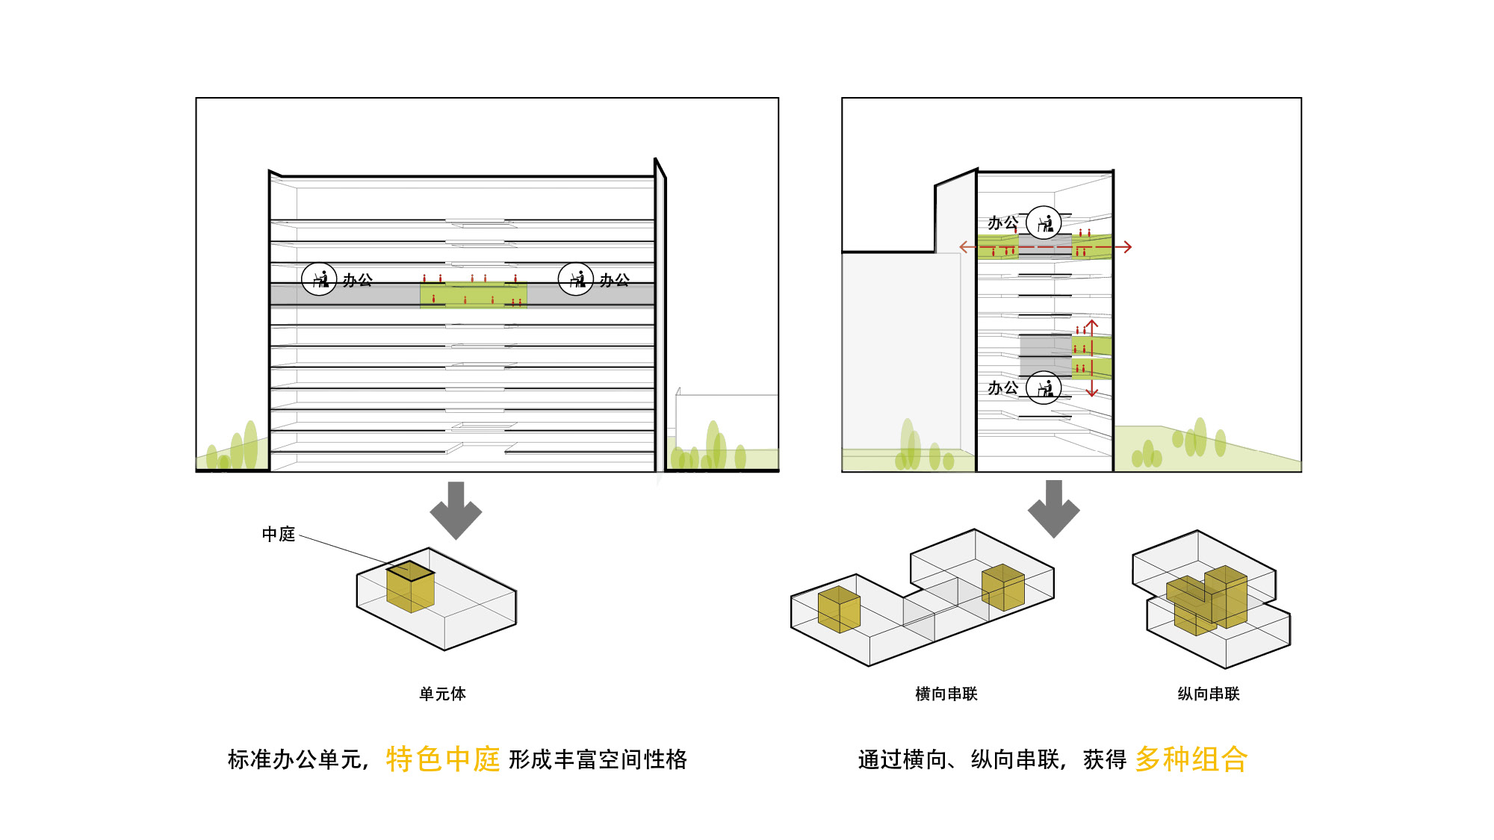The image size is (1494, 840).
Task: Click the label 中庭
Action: click(x=279, y=534)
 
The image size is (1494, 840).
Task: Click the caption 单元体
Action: click(x=442, y=694)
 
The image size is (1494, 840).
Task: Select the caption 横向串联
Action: click(x=946, y=694)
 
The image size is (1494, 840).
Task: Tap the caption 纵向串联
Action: click(x=1208, y=694)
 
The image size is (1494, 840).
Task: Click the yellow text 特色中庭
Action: click(x=442, y=759)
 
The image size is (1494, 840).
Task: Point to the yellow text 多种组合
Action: click(x=1191, y=759)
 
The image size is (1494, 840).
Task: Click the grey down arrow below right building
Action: click(x=1053, y=508)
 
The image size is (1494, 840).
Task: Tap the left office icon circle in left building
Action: click(x=319, y=279)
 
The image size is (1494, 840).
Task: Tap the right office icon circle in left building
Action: click(x=576, y=279)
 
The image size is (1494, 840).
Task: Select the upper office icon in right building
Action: click(x=1044, y=223)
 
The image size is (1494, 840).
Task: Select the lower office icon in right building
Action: click(x=1044, y=388)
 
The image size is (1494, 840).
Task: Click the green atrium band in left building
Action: click(x=474, y=295)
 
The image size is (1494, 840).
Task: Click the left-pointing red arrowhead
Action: click(x=964, y=246)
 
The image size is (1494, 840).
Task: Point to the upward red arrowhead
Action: click(x=1092, y=324)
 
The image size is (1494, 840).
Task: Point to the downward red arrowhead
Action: click(x=1092, y=392)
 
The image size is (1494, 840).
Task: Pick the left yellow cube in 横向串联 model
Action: click(x=839, y=609)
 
